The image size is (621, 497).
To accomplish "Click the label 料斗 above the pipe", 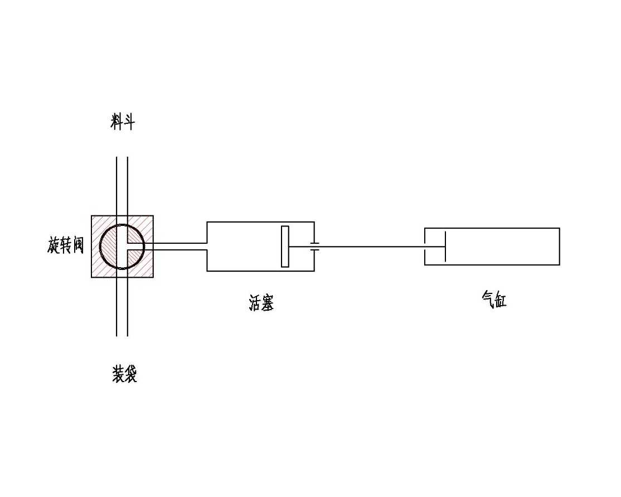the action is coord(123,121).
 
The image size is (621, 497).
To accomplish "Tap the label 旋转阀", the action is coord(66,245).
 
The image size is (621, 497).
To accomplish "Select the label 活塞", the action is coord(261,302).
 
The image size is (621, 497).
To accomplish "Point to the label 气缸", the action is coord(494,299).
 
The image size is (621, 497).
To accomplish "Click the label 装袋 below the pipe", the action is coord(124,374).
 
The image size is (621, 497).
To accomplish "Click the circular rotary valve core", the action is coord(100,247).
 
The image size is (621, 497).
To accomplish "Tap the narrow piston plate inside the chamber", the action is coord(285,247).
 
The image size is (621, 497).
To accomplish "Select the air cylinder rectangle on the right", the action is coord(492,228).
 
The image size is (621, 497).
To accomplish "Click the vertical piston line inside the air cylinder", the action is coord(445,247).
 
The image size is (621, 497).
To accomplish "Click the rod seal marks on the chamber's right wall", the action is coord(314,247).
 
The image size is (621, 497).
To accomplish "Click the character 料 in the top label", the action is coord(117,121).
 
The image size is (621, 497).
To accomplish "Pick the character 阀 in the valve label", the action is coord(78,245).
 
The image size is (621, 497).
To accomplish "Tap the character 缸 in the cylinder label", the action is coord(500,300).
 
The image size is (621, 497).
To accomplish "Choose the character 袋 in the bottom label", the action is coord(130,374).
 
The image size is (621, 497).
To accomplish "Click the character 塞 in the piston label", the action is coord(268,302).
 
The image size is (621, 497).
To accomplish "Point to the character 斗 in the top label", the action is coord(129,121).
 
